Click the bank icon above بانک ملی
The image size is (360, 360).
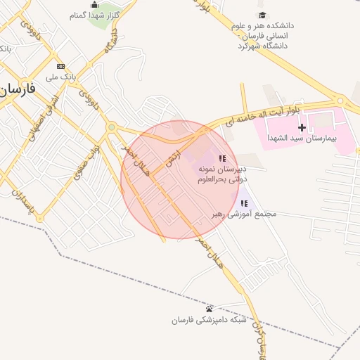coord(60,65)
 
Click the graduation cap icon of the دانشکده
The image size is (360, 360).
coord(262,15)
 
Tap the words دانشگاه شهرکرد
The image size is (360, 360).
coord(264,46)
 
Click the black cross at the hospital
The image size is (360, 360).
coord(302,127)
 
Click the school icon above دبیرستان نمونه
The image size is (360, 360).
coord(222,158)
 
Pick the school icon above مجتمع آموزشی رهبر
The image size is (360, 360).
coord(244,203)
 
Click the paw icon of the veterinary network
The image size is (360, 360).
coord(209,309)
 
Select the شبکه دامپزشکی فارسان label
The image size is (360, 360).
coord(210,320)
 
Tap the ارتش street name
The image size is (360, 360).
coord(170,160)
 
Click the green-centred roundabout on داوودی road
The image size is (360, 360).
coord(112,127)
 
